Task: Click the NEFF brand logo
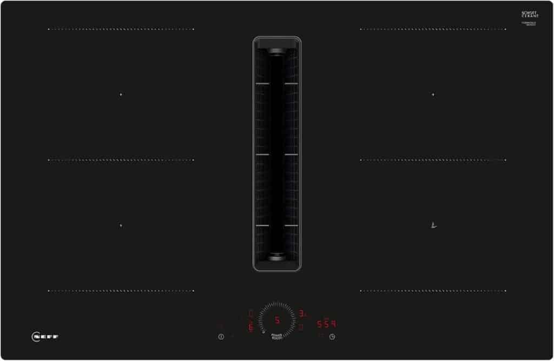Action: coord(45,337)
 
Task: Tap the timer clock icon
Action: coord(332,337)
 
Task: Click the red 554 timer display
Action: coord(327,324)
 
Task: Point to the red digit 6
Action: coord(250,327)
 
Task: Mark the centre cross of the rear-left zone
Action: coord(121,95)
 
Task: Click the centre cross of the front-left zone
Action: coord(121,225)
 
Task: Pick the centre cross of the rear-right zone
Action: coord(433,95)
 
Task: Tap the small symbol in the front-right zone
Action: coord(433,226)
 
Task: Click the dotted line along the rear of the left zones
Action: coord(121,29)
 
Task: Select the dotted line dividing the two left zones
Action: coord(121,160)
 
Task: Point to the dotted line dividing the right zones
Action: coord(433,160)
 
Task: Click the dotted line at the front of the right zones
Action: coord(433,291)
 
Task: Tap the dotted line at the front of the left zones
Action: coord(121,291)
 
